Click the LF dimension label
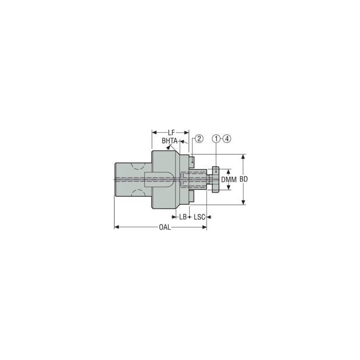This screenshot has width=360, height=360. coord(171,133)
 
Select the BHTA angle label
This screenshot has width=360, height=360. coord(169,141)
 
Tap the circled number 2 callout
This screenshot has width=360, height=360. coord(199,139)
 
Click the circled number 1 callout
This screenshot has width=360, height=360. coord(216,139)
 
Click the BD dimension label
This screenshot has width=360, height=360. coord(243,179)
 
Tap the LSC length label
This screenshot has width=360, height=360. coord(199,217)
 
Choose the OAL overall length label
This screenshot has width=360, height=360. coord(165,227)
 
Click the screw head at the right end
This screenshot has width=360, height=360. coord(215,179)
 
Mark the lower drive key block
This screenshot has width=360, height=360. coord(192,197)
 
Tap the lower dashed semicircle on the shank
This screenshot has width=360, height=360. coord(138,193)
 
